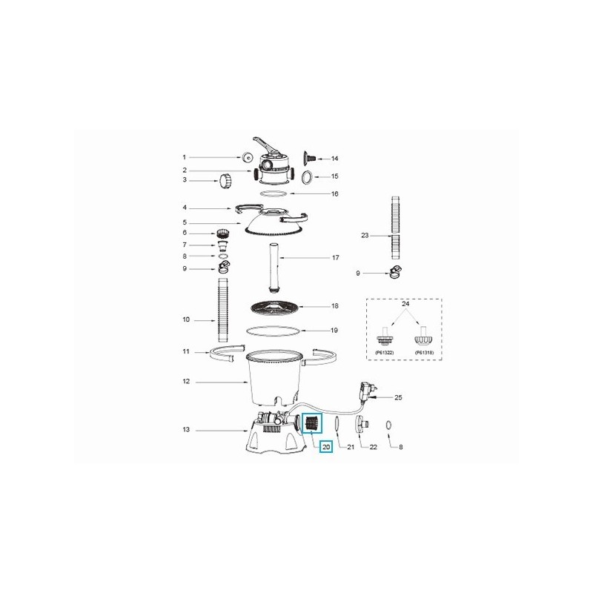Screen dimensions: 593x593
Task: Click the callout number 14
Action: [x=334, y=159]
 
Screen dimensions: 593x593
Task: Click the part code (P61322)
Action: [x=385, y=352]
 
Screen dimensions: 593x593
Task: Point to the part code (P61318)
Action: [x=424, y=352]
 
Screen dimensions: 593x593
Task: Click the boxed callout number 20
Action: [x=326, y=447]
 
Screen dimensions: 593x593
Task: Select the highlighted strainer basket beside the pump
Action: [x=311, y=425]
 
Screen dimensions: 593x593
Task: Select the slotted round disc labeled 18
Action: [x=275, y=308]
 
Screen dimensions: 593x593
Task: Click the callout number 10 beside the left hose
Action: [x=186, y=320]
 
